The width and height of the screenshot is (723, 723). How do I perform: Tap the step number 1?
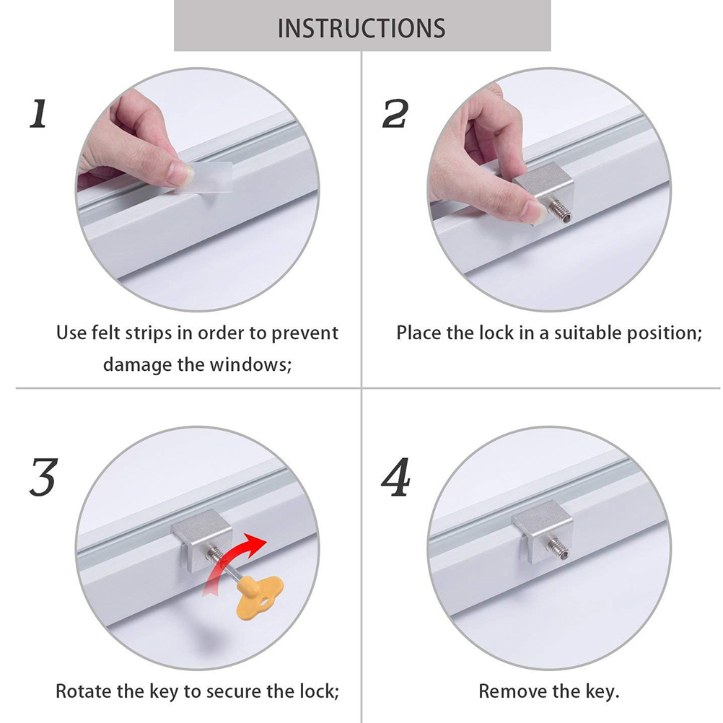click(x=39, y=113)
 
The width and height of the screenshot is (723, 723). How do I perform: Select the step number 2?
click(x=395, y=113)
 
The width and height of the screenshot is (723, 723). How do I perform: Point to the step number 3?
click(x=43, y=477)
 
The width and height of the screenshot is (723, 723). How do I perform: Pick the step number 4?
click(x=395, y=477)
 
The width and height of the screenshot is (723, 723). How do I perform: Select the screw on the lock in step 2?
click(x=560, y=213)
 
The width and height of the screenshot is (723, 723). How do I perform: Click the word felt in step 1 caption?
click(x=107, y=333)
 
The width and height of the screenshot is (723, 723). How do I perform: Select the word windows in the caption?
click(x=250, y=364)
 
